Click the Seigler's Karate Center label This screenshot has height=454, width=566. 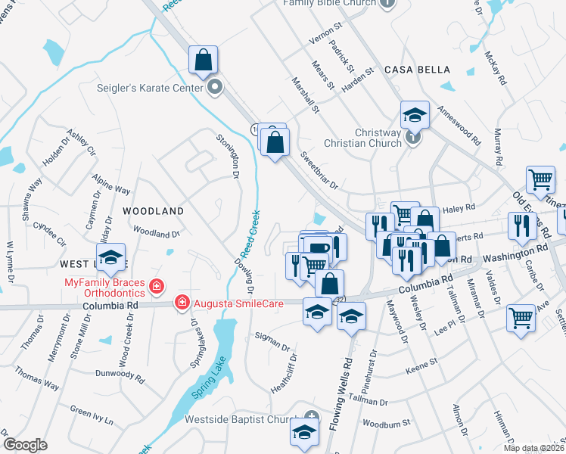point(150,88)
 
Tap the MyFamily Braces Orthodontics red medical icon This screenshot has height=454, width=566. point(156,286)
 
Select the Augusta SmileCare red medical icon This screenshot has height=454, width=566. point(182,303)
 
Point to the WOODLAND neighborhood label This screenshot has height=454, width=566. point(153,211)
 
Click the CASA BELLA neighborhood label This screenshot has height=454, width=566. point(415,70)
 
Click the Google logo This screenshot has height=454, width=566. point(25,445)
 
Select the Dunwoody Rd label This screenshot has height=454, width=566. point(120,373)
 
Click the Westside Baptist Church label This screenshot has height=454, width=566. point(243,419)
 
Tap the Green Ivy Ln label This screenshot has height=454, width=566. point(92,415)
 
